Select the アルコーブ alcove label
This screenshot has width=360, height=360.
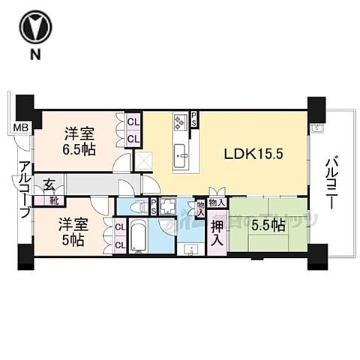pos(25,190)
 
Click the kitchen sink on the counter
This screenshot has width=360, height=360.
pos(182,157)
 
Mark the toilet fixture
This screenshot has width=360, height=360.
pos(136,205)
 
